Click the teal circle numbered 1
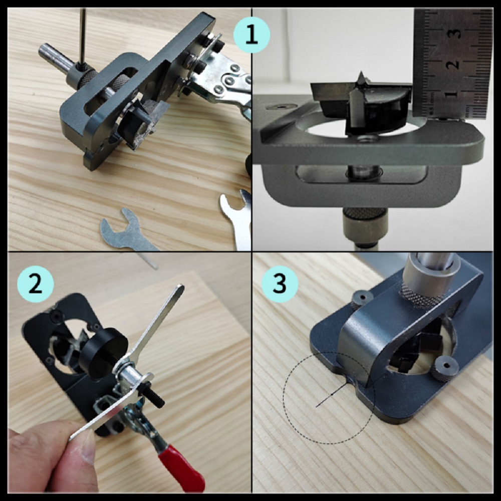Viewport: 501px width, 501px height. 252,35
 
